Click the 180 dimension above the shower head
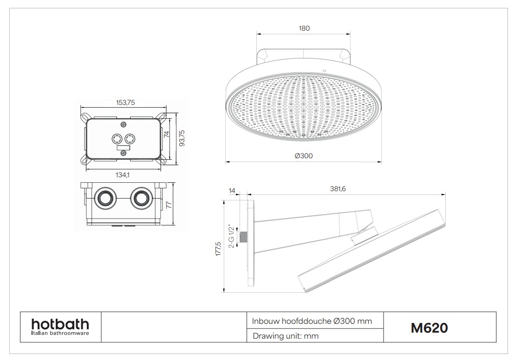coord(304,28)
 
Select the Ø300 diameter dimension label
coord(304,156)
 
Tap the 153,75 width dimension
coord(125,103)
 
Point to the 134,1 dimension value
coord(122,175)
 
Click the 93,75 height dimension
coord(182,138)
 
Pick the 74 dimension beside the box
coord(167,134)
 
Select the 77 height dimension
coord(169,205)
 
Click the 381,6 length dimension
coord(338,189)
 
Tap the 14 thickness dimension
coord(232,191)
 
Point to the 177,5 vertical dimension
coord(219,249)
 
